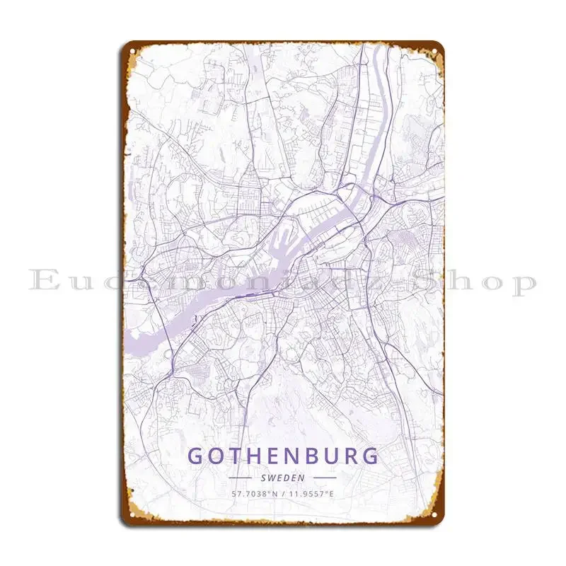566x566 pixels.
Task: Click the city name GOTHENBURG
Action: coord(283,456)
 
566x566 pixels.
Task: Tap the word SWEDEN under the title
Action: coord(283,478)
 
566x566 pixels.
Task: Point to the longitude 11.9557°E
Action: coord(311,493)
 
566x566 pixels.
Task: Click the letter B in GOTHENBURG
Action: coord(313,456)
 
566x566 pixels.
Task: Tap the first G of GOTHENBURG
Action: coord(196,456)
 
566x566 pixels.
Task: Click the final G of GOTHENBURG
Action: coord(371,456)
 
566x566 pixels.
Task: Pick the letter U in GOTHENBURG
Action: coord(332,456)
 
